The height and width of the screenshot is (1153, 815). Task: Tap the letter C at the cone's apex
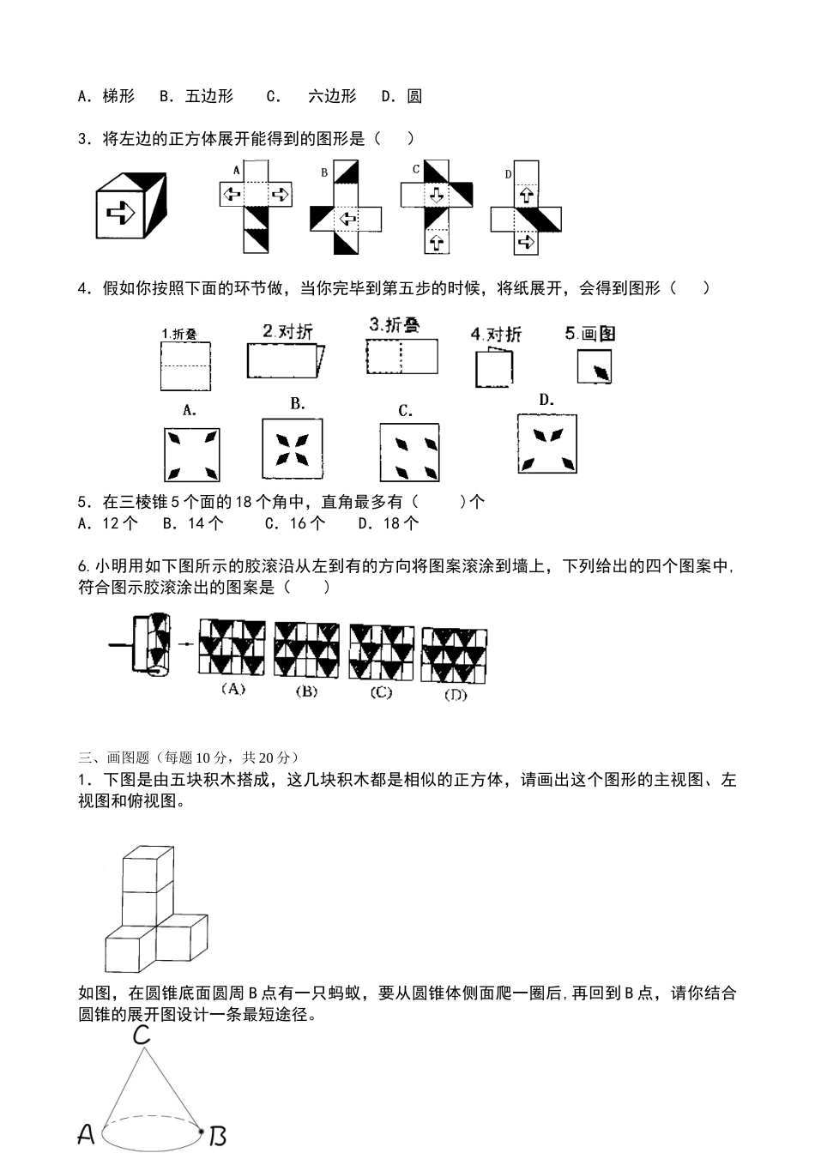point(142,1035)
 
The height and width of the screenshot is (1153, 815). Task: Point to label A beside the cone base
point(86,1135)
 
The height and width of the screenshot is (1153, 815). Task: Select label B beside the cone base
point(218,1137)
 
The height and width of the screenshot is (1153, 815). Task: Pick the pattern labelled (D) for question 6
point(454,656)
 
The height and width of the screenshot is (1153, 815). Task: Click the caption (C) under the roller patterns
point(381,692)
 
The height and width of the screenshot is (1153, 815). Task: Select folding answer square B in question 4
point(293,448)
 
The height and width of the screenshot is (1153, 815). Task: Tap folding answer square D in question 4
point(547,444)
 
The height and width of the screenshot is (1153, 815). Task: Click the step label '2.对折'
point(288,332)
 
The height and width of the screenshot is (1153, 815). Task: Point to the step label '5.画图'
point(590,334)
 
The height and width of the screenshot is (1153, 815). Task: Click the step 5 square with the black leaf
point(595,367)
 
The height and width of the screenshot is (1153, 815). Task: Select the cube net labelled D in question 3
point(526,208)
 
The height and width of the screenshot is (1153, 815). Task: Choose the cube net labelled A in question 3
point(256,206)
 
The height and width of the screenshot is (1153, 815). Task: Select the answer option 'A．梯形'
point(106,96)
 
